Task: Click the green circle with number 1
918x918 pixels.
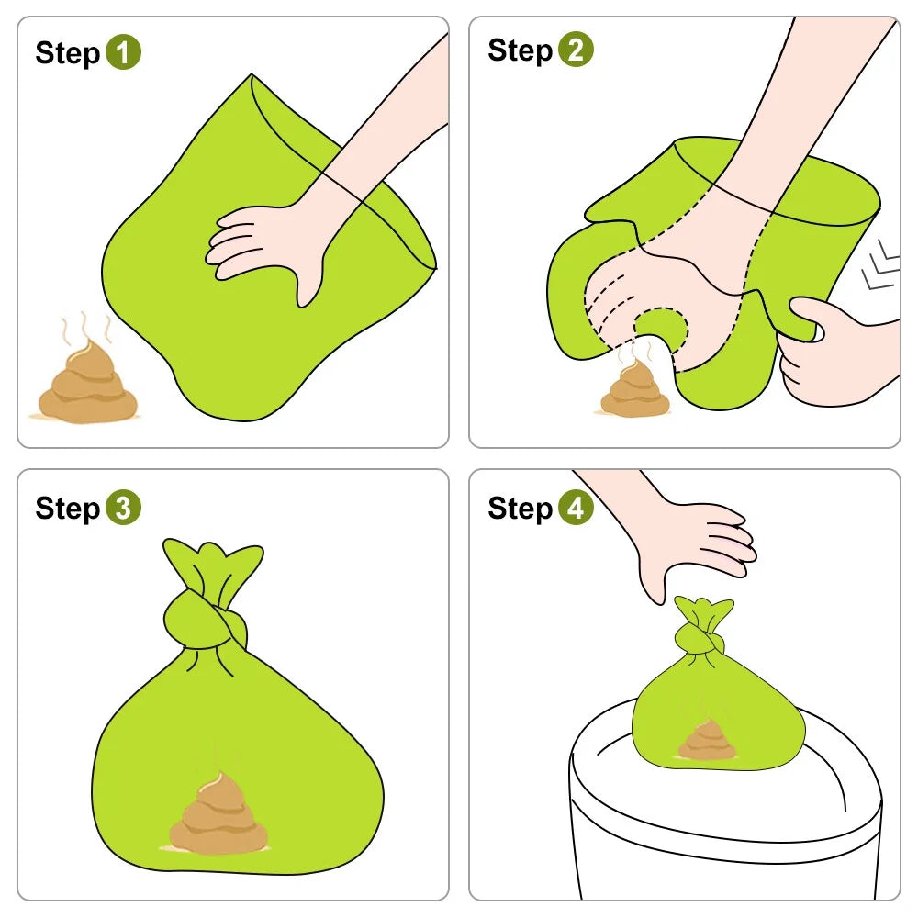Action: point(124,52)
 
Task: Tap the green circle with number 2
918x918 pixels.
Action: point(577,50)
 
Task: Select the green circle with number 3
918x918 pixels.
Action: point(124,508)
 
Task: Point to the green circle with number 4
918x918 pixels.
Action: point(577,507)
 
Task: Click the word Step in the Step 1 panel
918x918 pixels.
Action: point(68,54)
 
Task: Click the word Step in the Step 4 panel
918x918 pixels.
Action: point(521,509)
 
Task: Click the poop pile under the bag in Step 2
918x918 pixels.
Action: point(636,389)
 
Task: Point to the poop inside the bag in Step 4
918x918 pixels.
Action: point(707,740)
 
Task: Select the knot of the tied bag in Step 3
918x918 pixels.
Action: point(205,621)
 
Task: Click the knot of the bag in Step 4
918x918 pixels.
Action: point(700,638)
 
